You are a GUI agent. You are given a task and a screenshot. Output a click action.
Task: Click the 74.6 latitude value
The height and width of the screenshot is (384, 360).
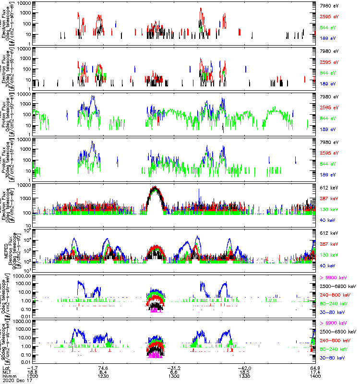[x=103, y=367]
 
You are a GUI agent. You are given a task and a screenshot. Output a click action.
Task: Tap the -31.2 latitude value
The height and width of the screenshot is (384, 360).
[x=174, y=367]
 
